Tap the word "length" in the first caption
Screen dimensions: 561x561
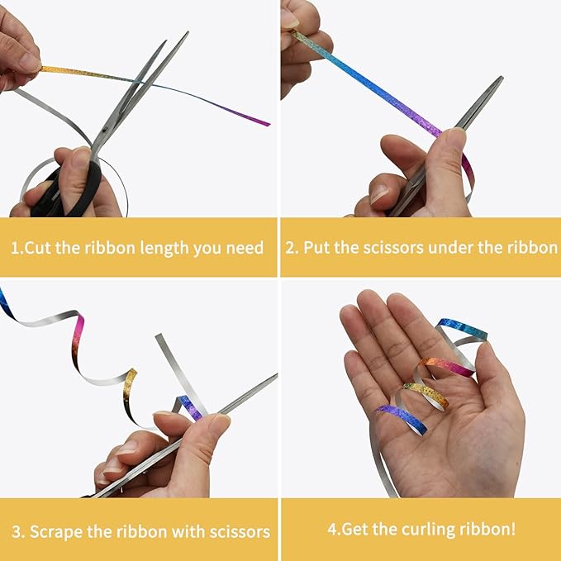click(x=164, y=249)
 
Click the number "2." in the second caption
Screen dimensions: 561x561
click(x=292, y=248)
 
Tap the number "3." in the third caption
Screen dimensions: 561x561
click(x=18, y=532)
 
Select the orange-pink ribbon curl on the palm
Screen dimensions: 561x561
click(x=445, y=368)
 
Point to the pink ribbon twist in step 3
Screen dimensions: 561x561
click(x=78, y=336)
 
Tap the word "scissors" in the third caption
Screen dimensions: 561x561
click(x=240, y=532)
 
